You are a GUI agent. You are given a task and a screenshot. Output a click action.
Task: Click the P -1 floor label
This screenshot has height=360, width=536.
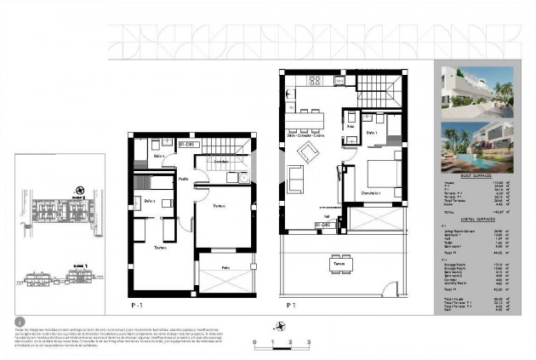(x=135, y=304)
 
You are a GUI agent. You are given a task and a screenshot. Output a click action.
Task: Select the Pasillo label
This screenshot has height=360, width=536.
(x=184, y=179)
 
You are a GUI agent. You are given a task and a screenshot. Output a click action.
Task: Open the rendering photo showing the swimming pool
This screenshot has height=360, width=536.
(x=477, y=146)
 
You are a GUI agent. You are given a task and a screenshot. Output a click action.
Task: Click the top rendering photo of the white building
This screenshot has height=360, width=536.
(x=477, y=89)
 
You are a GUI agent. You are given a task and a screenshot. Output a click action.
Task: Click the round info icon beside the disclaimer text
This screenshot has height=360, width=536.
(x=20, y=323)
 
